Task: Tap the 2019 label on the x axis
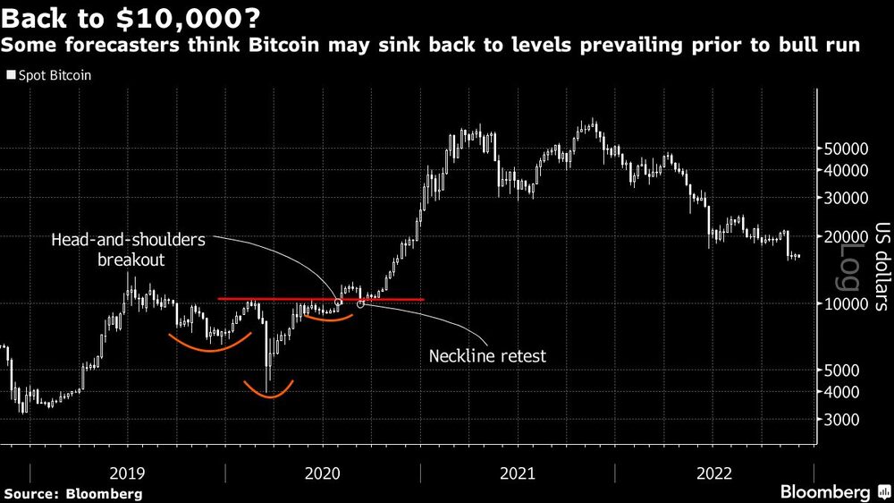[128, 473]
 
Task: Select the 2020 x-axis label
[324, 473]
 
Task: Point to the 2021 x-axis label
[519, 473]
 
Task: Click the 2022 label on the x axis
[715, 473]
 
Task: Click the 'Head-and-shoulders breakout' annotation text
[128, 250]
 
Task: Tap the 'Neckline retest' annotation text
[487, 355]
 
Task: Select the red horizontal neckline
[268, 299]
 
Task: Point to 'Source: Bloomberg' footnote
[73, 494]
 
